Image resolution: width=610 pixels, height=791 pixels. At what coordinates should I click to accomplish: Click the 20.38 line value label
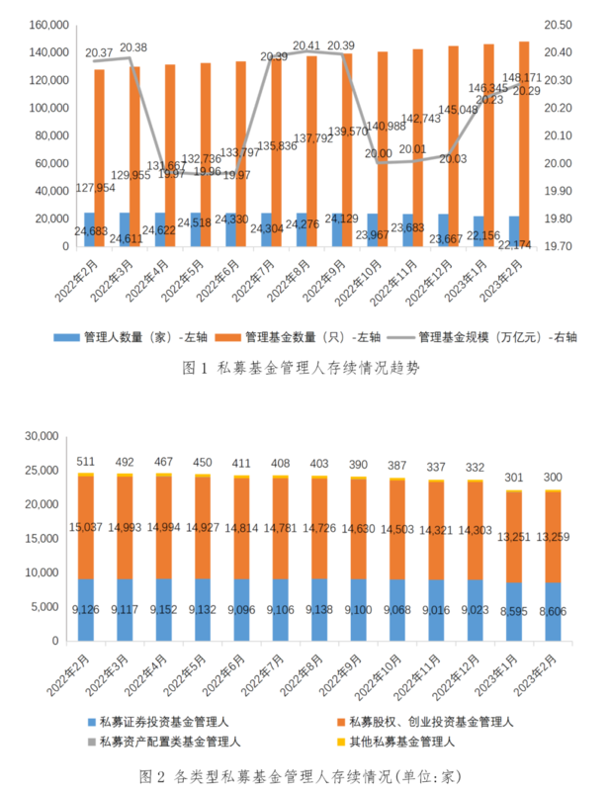[x=134, y=47]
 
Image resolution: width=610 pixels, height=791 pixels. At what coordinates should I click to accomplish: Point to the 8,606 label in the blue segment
[x=551, y=613]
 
